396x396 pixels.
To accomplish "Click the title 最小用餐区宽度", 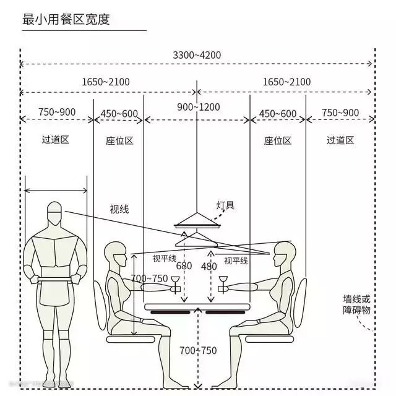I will pyautogui.click(x=66, y=19).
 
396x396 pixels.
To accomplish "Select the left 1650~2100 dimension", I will pyautogui.click(x=106, y=82).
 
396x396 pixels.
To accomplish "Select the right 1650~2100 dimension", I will pyautogui.click(x=286, y=82).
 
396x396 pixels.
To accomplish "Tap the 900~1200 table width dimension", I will pyautogui.click(x=198, y=107).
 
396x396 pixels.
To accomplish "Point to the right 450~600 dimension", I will pyautogui.click(x=277, y=113).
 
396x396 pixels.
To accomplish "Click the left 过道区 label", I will pyautogui.click(x=55, y=139).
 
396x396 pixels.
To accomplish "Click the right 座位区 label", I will pyautogui.click(x=277, y=140).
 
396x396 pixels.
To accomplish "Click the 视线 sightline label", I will pyautogui.click(x=119, y=209).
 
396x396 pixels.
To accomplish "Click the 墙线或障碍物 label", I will pyautogui.click(x=356, y=304).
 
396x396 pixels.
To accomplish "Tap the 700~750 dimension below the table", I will pyautogui.click(x=198, y=351).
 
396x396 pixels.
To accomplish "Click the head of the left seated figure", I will pyautogui.click(x=115, y=254).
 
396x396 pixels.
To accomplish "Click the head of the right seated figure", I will pyautogui.click(x=283, y=253).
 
